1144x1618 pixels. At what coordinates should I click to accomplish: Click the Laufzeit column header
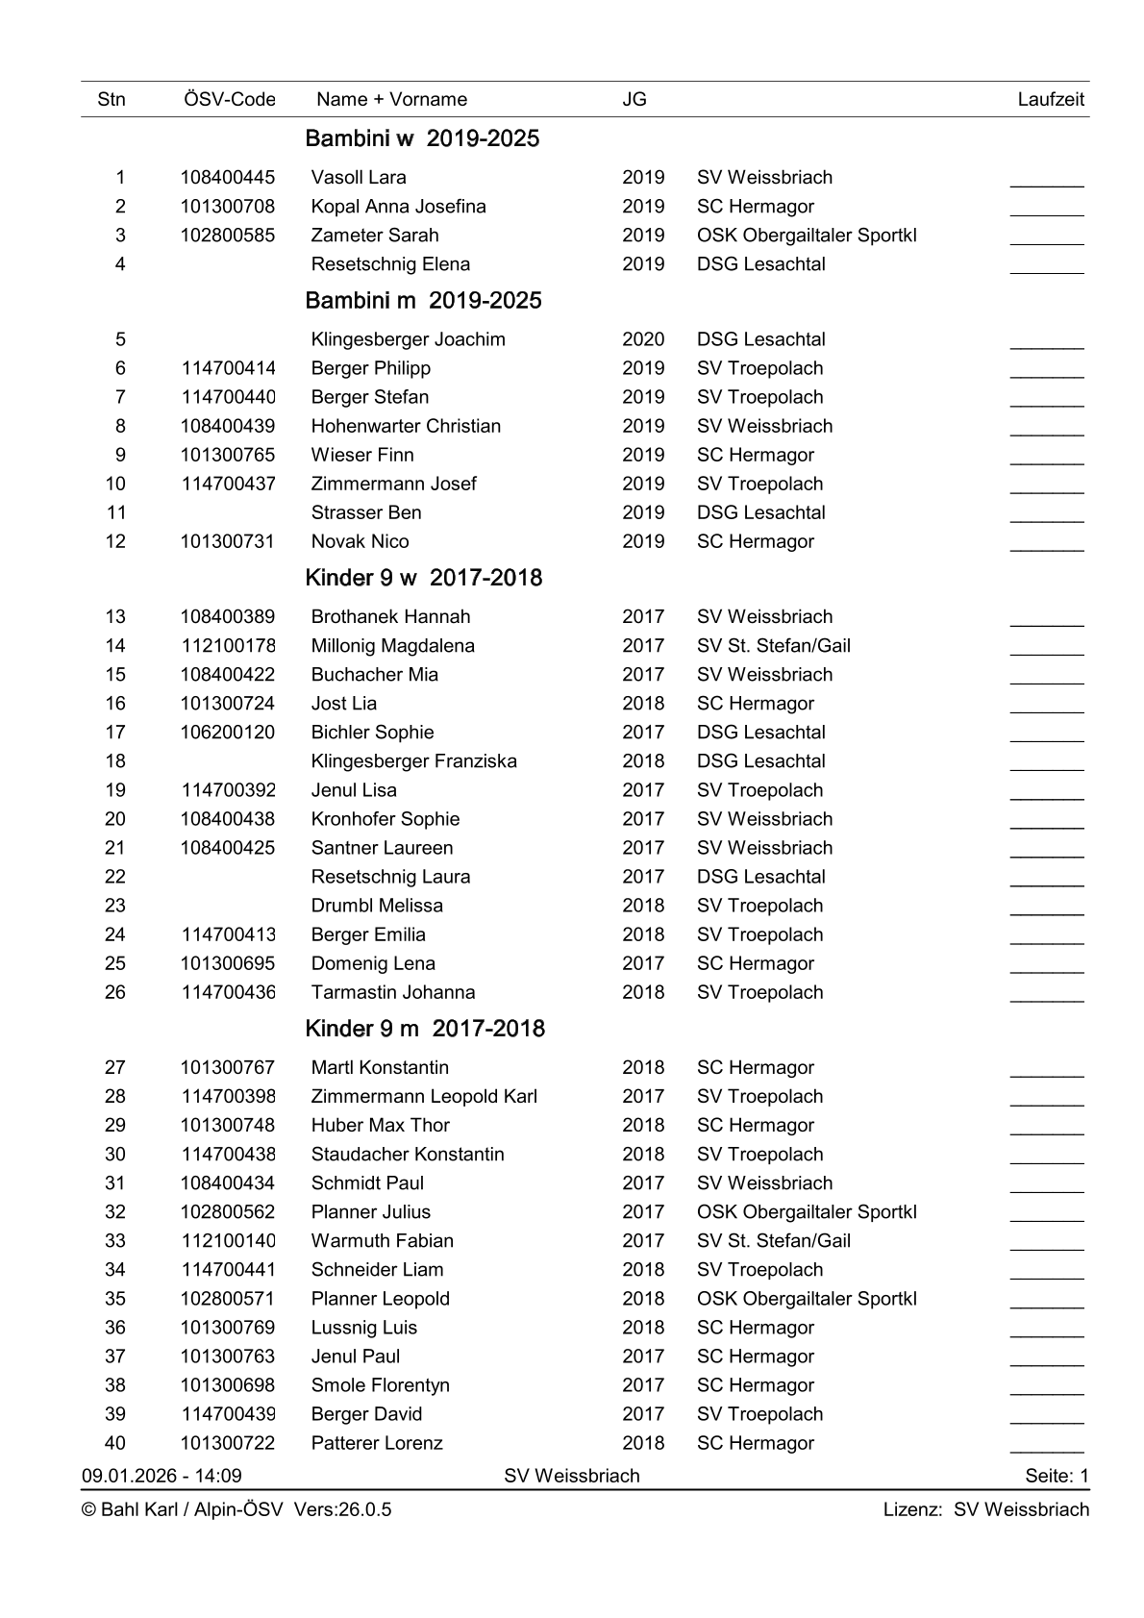[1050, 99]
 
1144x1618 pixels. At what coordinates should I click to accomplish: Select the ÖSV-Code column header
[229, 99]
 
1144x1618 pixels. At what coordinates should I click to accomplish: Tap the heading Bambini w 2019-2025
[422, 138]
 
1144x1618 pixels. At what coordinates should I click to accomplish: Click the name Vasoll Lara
[359, 177]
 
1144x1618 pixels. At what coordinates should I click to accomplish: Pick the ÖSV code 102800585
[227, 235]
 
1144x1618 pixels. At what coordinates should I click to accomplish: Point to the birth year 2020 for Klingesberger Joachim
[643, 339]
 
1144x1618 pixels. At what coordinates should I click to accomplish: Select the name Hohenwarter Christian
[406, 426]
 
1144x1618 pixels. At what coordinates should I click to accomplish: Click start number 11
[115, 512]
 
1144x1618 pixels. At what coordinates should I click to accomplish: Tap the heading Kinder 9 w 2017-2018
[423, 578]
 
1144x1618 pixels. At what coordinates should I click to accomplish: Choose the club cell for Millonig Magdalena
[773, 646]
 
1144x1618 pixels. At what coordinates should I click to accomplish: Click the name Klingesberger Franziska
[413, 761]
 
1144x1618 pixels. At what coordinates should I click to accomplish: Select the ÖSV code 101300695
[227, 963]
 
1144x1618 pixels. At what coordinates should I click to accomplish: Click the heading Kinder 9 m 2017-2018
[425, 1029]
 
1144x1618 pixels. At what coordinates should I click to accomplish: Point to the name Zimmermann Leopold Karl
[424, 1097]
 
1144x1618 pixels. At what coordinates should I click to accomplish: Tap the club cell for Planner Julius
[807, 1212]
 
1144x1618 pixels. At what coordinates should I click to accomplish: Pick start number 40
[115, 1443]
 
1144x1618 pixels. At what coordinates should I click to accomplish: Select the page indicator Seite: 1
[1057, 1476]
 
